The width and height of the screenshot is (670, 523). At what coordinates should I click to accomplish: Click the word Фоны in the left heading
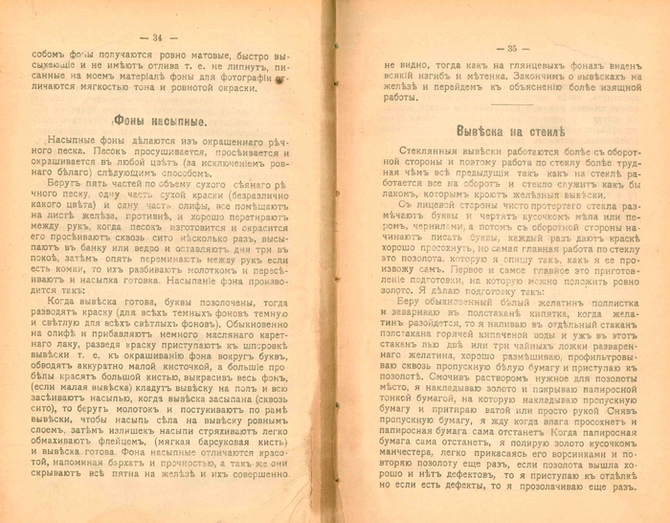pos(138,124)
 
